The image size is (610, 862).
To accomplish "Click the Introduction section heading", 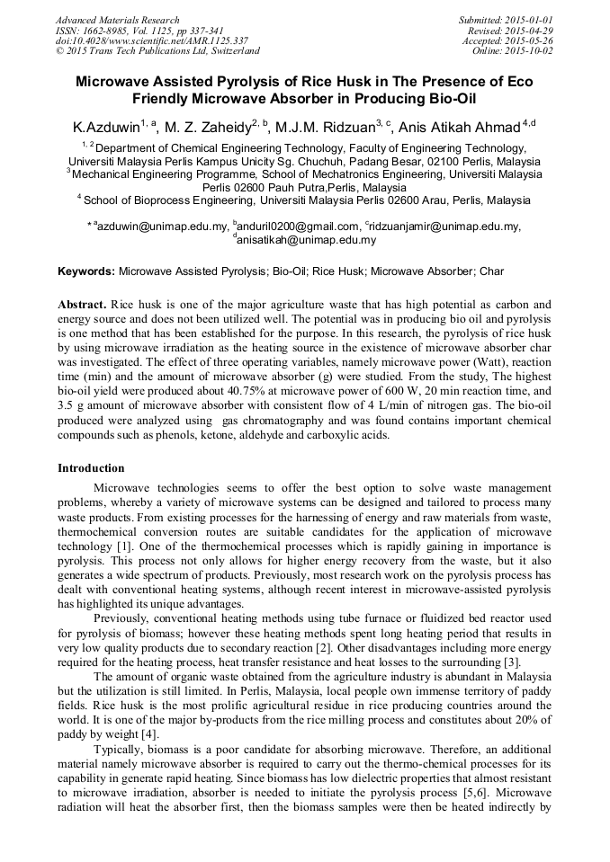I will click(x=91, y=467).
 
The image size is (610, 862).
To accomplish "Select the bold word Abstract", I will click(x=82, y=305).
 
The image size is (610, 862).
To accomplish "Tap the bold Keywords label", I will click(x=86, y=271).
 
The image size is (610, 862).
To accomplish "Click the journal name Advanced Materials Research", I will click(x=117, y=20).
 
